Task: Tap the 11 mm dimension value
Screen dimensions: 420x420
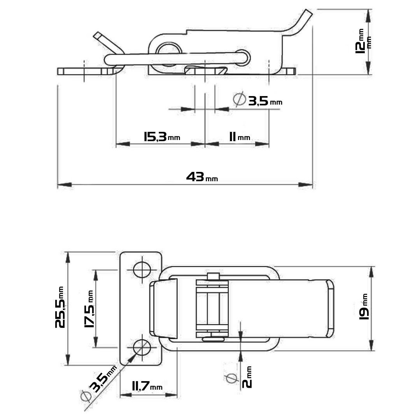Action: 239,137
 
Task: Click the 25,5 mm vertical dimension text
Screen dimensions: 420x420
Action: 61,307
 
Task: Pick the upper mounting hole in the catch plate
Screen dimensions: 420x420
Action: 142,269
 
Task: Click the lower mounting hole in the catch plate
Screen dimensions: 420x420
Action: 142,347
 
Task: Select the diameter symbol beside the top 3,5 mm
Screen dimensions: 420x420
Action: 239,100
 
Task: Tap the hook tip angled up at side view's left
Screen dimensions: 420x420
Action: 98,37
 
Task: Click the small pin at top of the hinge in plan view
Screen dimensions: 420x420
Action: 212,276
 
